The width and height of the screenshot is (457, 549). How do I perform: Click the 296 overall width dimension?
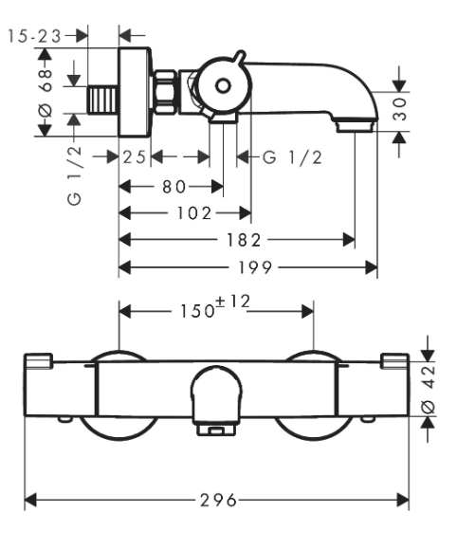click(218, 500)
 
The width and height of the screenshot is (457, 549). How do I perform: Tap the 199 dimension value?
click(255, 267)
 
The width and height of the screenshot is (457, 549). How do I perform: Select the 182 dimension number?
click(244, 240)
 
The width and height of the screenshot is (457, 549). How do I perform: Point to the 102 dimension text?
click(194, 213)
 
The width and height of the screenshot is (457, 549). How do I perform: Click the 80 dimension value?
click(174, 187)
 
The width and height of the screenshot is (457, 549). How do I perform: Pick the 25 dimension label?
click(134, 156)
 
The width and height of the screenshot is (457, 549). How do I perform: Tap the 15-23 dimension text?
click(34, 36)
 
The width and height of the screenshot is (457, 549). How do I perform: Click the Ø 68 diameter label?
click(46, 92)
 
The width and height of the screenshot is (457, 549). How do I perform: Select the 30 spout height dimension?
click(399, 109)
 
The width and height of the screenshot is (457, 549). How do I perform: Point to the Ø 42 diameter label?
click(428, 389)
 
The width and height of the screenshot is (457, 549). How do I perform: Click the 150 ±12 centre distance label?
click(215, 306)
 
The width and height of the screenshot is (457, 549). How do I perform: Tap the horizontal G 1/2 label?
click(292, 157)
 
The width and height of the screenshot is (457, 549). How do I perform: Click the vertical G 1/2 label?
click(74, 175)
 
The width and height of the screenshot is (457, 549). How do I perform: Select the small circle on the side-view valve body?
click(223, 85)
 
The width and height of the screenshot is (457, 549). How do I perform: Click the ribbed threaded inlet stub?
click(101, 100)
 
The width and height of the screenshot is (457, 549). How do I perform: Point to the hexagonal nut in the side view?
click(165, 92)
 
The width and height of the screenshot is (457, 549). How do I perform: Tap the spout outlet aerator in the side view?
click(356, 126)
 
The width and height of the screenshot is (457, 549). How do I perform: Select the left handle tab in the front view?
click(39, 360)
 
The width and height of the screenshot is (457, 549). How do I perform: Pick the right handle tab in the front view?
click(394, 361)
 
